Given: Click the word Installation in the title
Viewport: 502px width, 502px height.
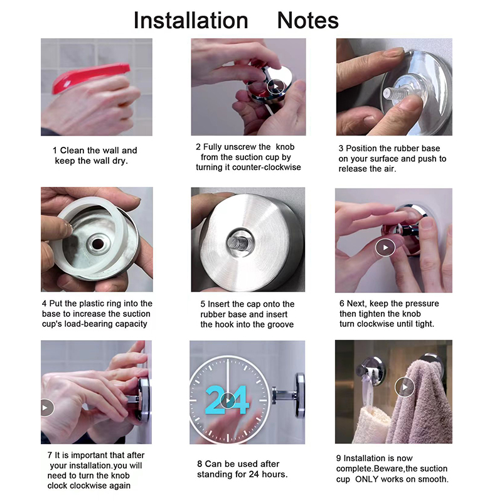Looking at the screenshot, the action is click(191, 21).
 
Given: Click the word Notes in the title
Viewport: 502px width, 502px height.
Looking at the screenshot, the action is click(307, 21).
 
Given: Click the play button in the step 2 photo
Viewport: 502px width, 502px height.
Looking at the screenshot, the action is click(275, 86).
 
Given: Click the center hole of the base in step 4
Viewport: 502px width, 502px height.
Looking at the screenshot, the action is click(98, 244).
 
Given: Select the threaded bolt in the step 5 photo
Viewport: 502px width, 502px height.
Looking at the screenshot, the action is click(239, 243).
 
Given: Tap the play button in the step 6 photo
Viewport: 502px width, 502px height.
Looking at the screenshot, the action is click(385, 247).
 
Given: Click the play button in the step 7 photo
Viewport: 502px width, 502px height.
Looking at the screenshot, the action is click(46, 407).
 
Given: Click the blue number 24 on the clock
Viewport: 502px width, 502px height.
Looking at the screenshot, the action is click(227, 400).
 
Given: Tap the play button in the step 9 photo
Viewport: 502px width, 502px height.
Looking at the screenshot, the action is click(405, 387).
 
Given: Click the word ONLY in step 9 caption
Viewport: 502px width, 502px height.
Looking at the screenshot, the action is click(369, 479).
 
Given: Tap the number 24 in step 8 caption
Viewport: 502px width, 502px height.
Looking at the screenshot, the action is click(254, 474).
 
